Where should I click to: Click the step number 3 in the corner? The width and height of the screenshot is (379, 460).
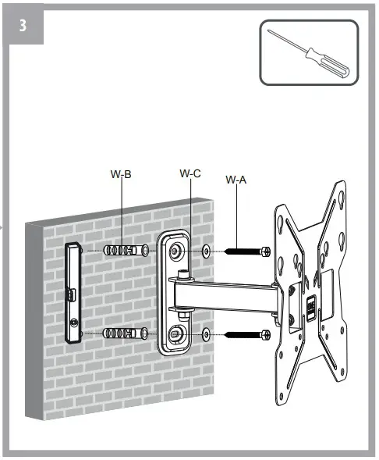point(24,24)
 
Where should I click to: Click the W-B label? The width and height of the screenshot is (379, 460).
point(122,174)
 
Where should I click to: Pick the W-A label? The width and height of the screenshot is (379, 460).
point(236,180)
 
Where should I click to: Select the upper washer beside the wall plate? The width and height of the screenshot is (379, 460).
point(206,251)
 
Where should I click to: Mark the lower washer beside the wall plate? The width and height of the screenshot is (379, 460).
point(206,335)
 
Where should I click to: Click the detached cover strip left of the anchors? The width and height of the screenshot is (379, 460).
point(73,292)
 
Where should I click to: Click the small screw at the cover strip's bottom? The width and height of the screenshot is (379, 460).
point(73,323)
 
